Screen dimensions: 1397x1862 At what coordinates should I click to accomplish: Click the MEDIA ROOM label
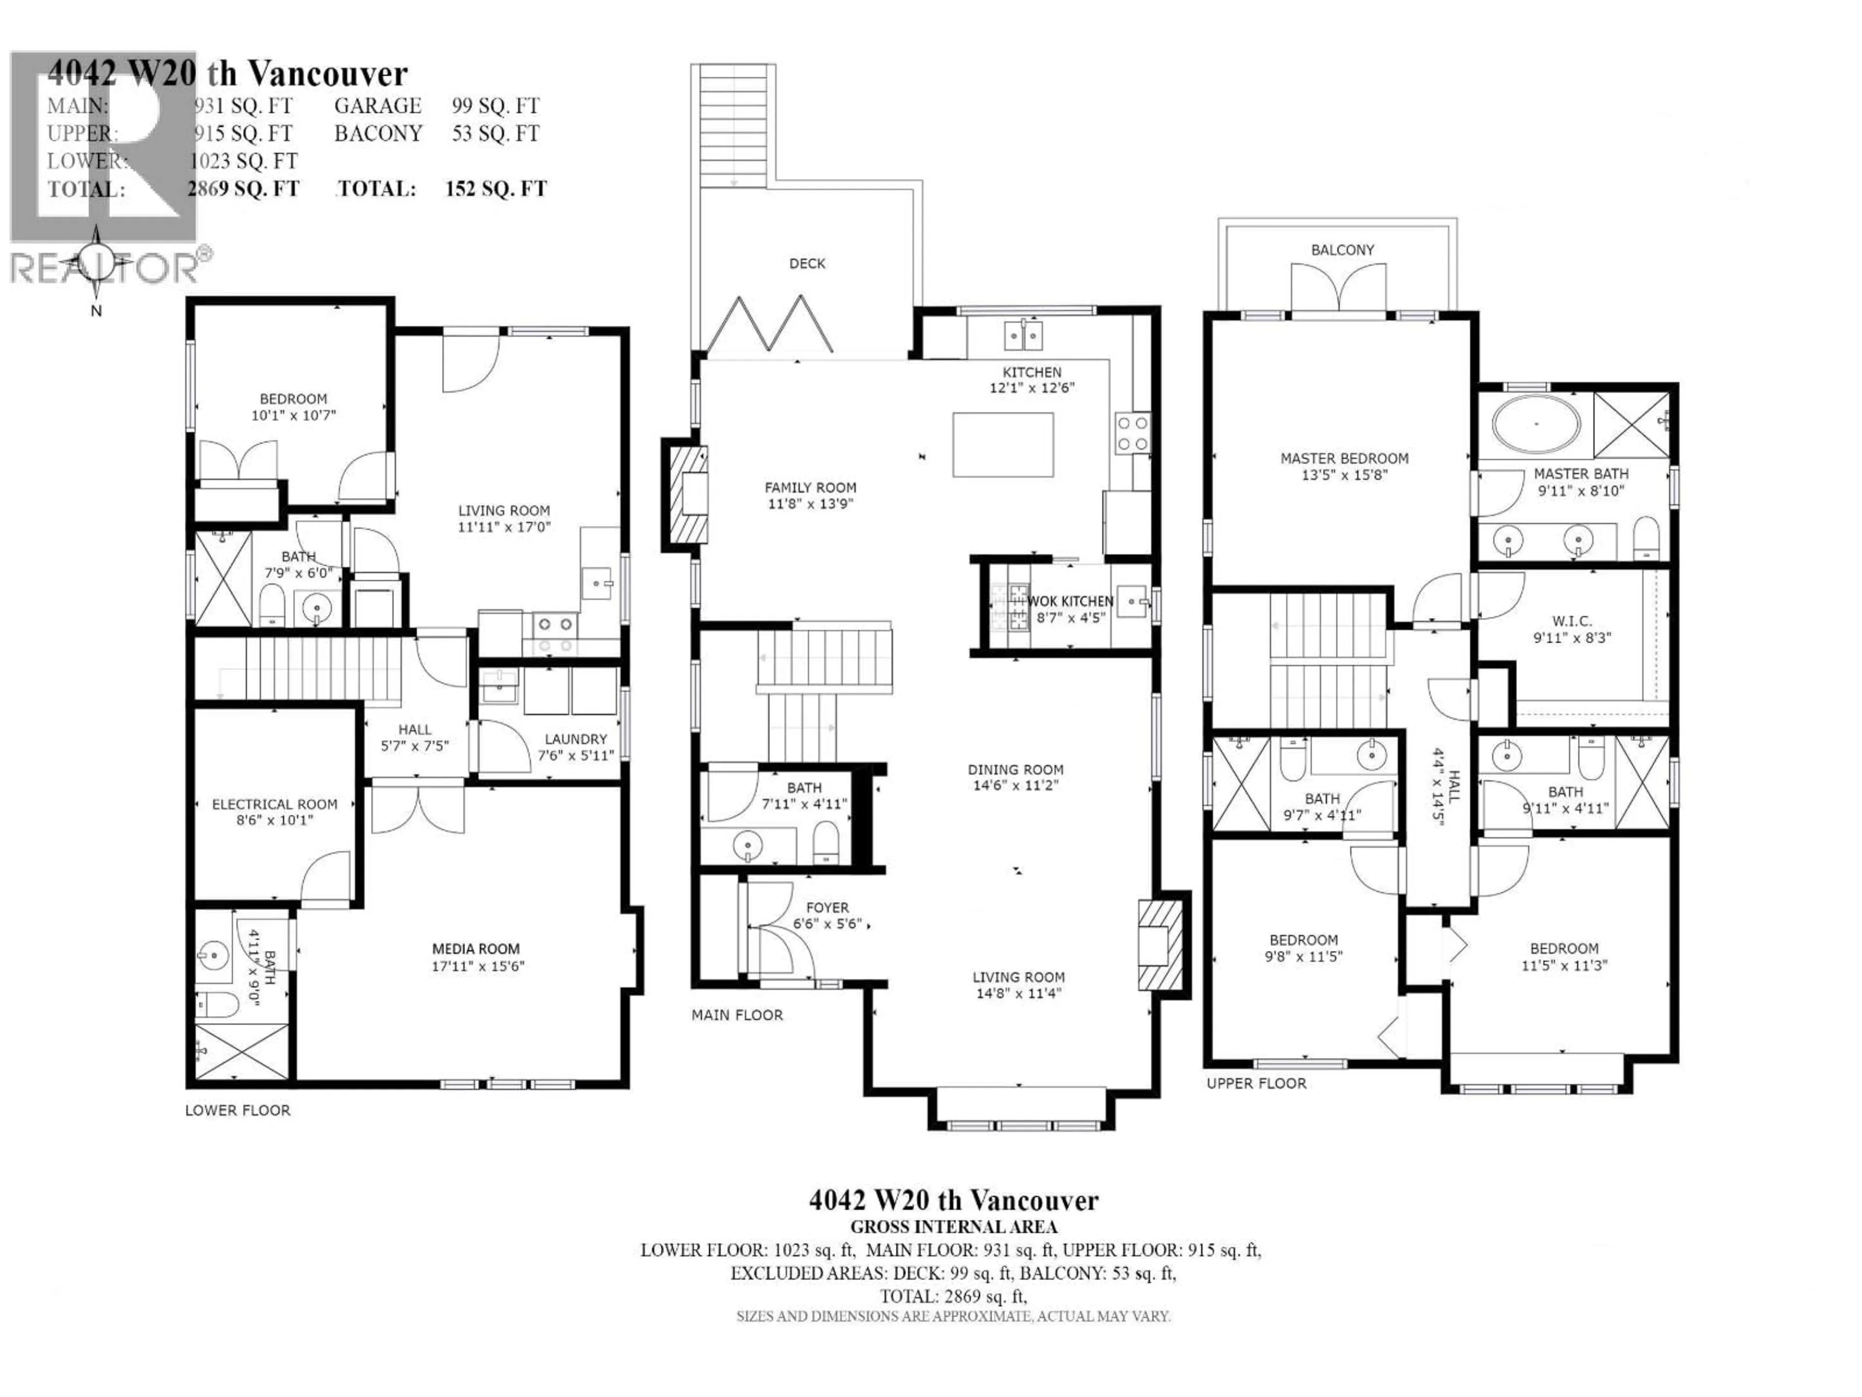tap(476, 948)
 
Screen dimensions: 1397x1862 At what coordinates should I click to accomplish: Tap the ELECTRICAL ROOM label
tap(274, 804)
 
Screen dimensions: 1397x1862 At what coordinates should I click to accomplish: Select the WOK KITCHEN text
tap(1070, 601)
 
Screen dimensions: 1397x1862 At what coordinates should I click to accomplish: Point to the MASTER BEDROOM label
tap(1344, 458)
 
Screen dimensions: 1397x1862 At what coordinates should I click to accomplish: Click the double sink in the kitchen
tap(1023, 335)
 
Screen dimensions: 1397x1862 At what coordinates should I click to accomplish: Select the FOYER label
tap(827, 908)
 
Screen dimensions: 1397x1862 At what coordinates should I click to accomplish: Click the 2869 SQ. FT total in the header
tap(243, 189)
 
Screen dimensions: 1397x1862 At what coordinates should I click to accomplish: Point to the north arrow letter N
tap(96, 311)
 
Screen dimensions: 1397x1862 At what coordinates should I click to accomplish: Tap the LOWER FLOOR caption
tap(238, 1110)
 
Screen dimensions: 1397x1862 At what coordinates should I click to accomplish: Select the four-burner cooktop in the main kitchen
tap(1132, 433)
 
